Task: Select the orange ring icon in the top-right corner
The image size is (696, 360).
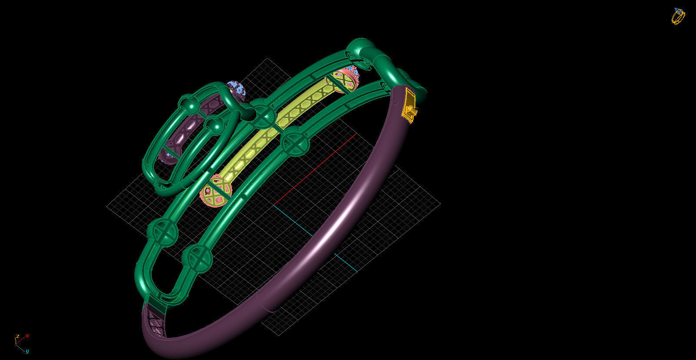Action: pyautogui.click(x=678, y=17)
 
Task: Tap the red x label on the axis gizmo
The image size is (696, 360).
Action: pyautogui.click(x=27, y=336)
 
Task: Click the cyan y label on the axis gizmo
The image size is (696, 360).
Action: pyautogui.click(x=27, y=351)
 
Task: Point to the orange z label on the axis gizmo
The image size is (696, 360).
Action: pyautogui.click(x=17, y=337)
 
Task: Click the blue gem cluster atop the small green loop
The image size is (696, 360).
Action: pyautogui.click(x=236, y=89)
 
